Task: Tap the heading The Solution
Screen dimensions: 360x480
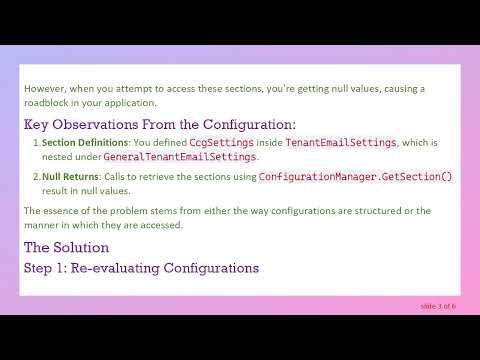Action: (66, 247)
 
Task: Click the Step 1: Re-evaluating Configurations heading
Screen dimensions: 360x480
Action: (141, 267)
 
